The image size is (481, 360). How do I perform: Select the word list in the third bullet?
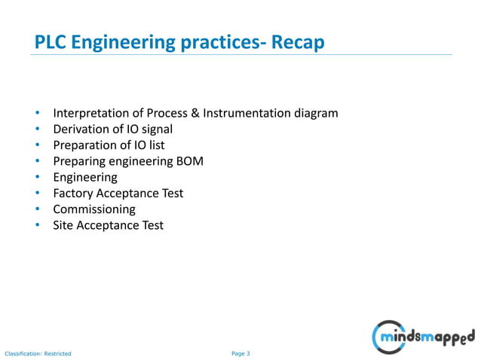155,145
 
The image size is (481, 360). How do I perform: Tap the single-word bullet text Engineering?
85,178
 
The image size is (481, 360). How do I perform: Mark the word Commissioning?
94,209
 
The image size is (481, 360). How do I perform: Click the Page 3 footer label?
240,353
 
